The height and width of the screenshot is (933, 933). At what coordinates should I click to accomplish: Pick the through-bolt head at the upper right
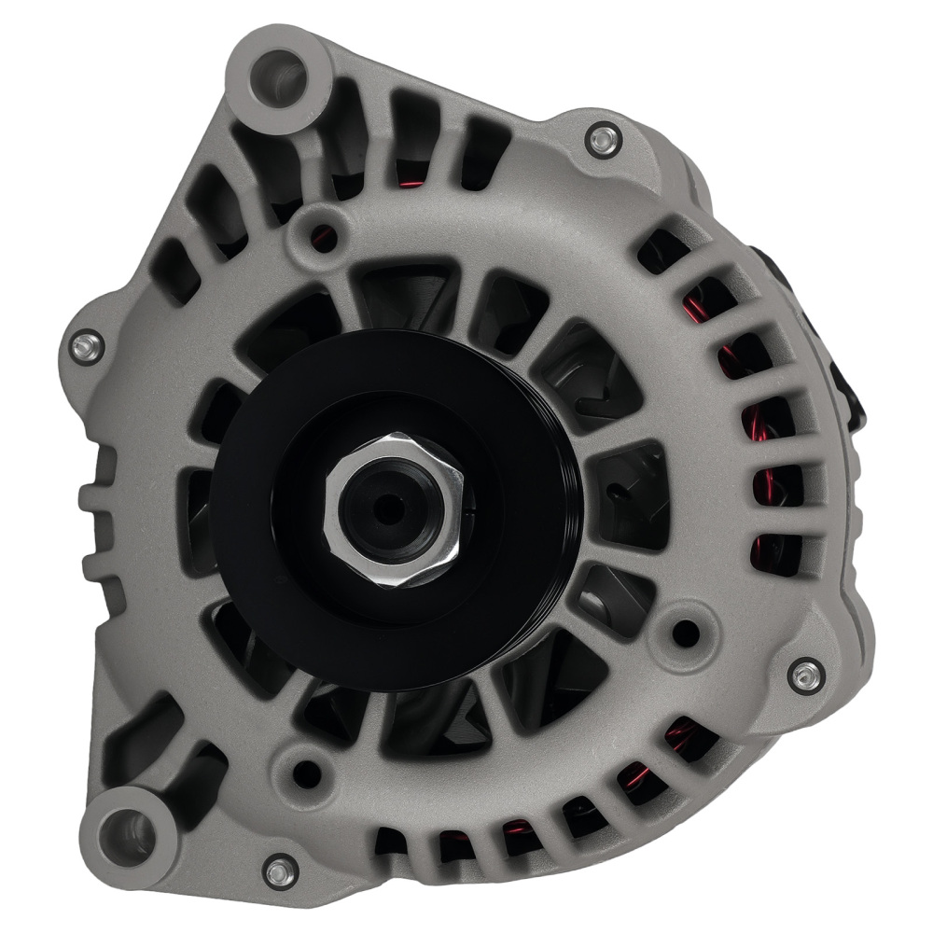click(x=604, y=140)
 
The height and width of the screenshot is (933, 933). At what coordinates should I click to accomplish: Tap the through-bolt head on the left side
click(x=87, y=346)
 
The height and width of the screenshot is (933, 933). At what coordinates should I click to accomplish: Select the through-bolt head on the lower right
click(x=805, y=675)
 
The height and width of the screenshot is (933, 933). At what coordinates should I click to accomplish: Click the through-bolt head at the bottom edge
click(x=279, y=871)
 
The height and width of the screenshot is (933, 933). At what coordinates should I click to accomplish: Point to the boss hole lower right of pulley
click(x=686, y=633)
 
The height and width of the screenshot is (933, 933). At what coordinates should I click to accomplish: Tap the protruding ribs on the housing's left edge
click(x=98, y=513)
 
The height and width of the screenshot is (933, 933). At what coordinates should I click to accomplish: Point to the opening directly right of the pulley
click(x=630, y=494)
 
